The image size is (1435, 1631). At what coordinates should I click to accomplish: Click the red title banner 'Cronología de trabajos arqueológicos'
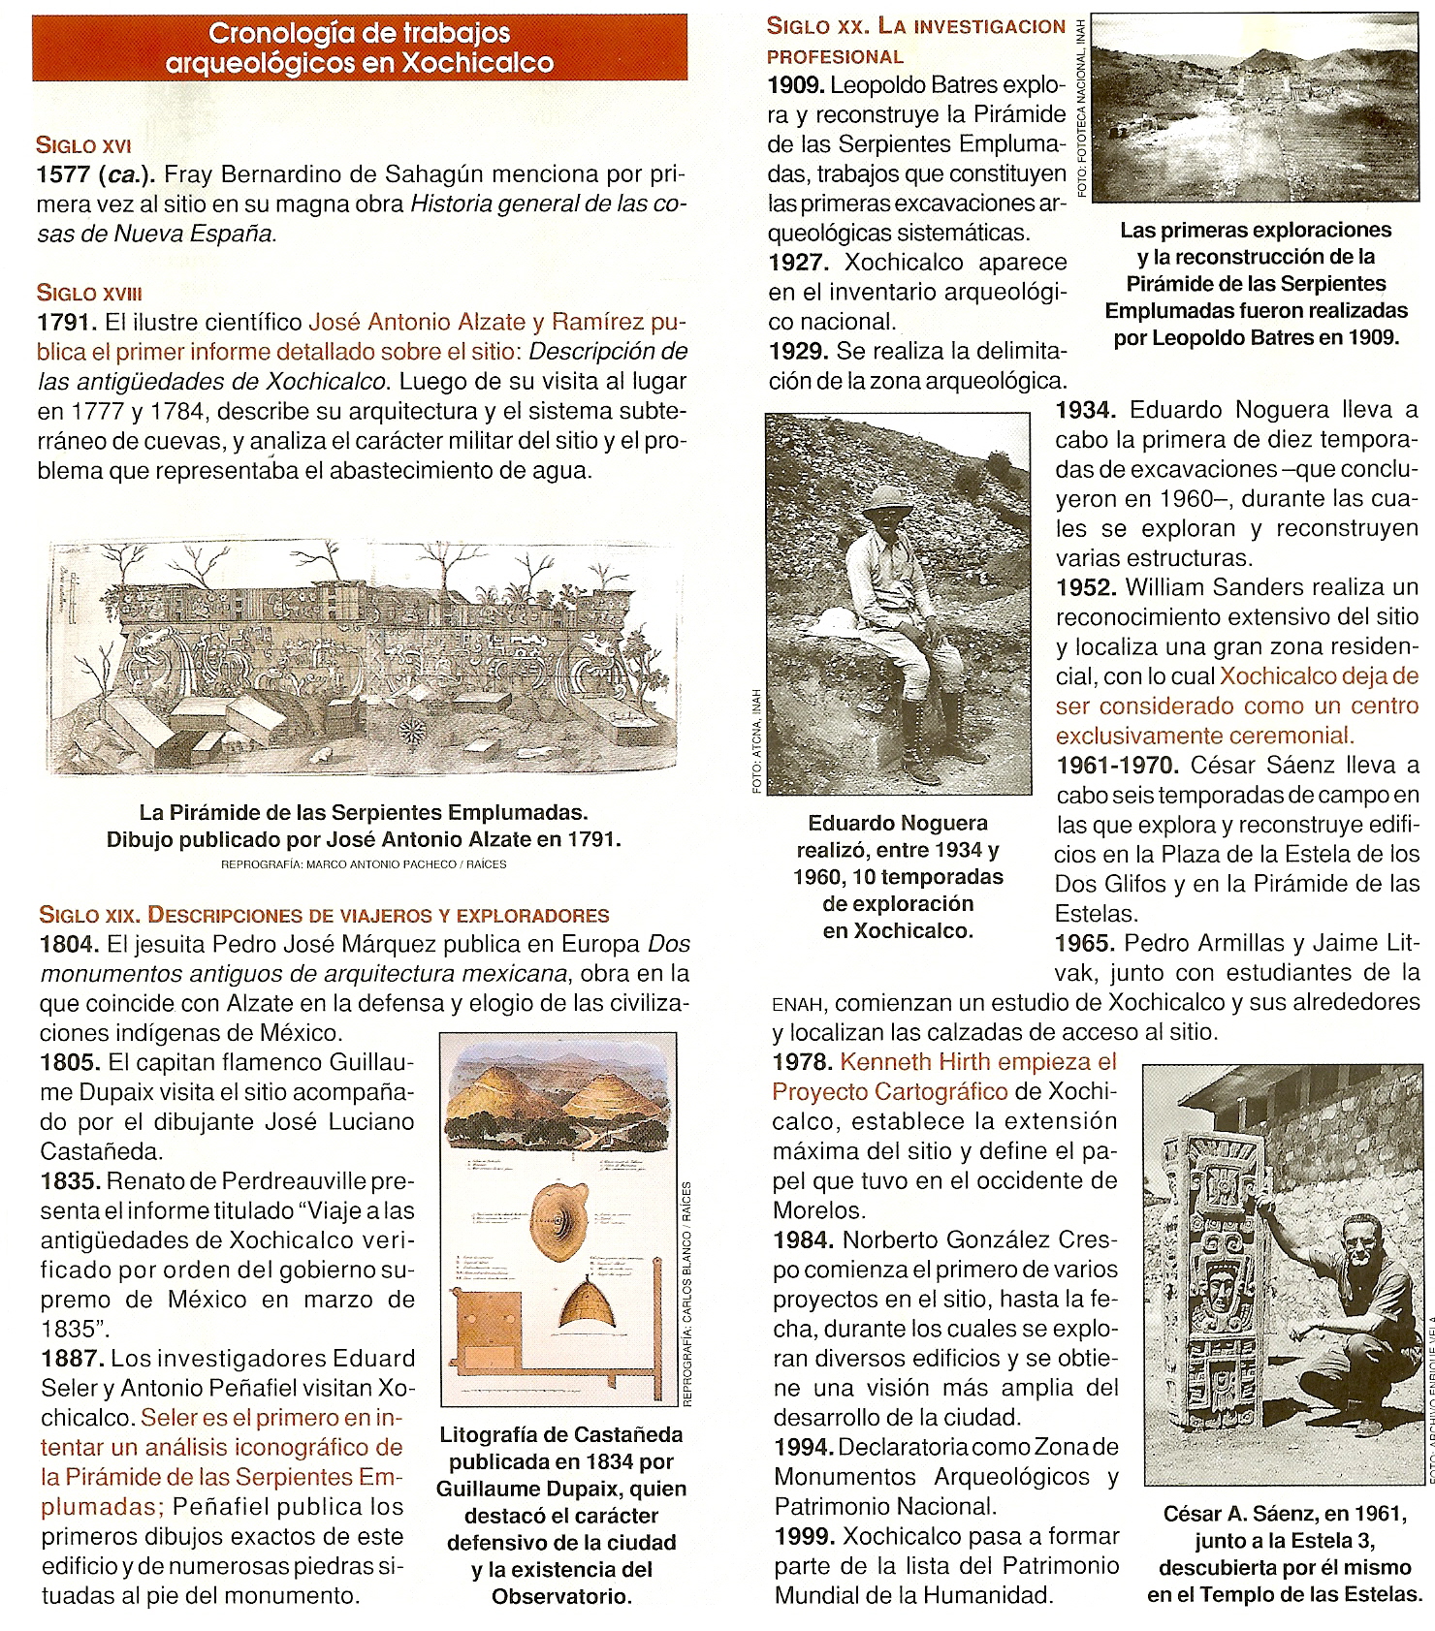click(360, 47)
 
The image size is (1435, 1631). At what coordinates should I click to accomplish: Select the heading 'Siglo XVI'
click(83, 145)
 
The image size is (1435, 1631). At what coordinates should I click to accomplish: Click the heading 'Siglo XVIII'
click(90, 293)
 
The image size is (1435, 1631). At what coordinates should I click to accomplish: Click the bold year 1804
click(69, 944)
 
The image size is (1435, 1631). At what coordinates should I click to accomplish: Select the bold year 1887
click(71, 1359)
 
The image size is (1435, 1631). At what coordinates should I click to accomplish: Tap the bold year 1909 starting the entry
click(796, 85)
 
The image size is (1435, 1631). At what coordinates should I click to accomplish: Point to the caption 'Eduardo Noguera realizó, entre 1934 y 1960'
click(898, 876)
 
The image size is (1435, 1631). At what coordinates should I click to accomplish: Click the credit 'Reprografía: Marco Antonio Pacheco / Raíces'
click(364, 863)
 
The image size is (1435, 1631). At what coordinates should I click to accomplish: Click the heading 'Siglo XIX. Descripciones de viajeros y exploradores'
click(324, 915)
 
